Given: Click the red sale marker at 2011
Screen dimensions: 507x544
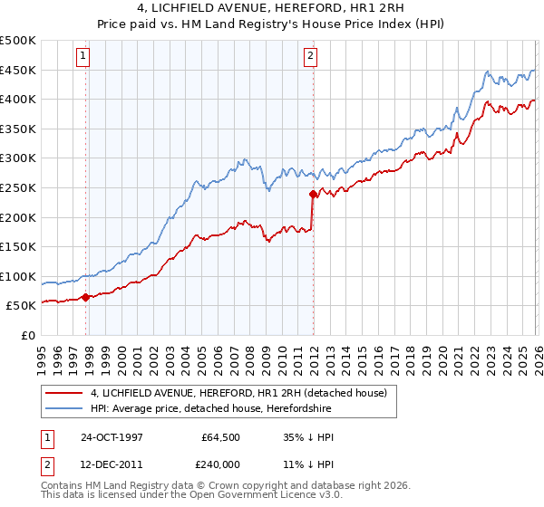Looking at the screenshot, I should pos(313,193).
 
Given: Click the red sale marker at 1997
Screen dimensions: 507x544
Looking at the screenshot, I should pos(86,296).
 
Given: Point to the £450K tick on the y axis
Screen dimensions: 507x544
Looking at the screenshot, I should pos(18,70).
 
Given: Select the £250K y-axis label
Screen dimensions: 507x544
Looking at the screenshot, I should pos(18,187).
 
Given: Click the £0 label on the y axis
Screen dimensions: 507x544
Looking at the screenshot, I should pos(29,336).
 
